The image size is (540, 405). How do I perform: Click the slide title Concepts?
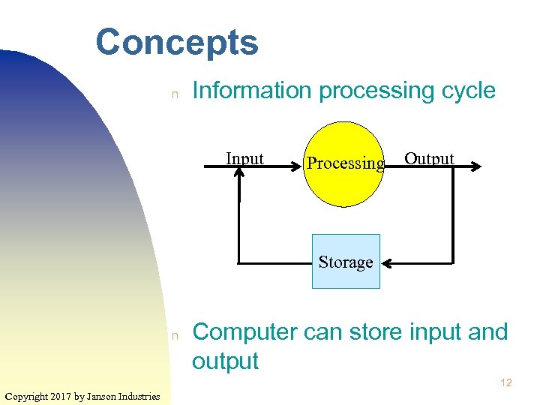pos(177,43)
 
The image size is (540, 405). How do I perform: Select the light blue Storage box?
pos(346,262)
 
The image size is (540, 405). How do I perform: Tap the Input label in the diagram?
pos(245,158)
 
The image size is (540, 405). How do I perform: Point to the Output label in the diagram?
pos(429,158)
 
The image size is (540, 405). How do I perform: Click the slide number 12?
pos(505,382)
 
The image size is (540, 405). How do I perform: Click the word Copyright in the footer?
pos(26,396)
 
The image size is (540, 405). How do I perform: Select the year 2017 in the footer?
pos(62,396)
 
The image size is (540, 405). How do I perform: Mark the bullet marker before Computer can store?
pos(174,335)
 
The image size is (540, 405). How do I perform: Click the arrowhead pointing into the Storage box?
pos(388,263)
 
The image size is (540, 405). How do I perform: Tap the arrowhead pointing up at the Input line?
pos(238,172)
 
